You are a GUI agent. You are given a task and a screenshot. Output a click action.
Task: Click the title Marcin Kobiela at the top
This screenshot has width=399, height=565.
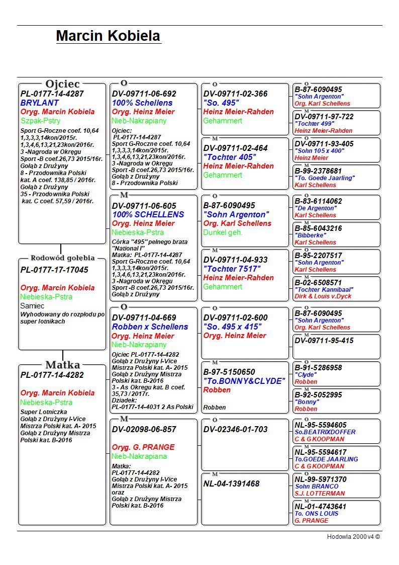(108, 36)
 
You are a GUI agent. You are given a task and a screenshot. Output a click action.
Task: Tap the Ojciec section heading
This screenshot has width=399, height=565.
(62, 84)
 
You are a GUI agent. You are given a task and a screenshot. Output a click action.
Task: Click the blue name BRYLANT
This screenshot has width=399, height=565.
(40, 103)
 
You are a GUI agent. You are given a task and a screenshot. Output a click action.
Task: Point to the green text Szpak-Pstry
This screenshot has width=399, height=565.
(41, 121)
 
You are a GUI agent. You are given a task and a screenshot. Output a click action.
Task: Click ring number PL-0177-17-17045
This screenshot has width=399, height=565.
(54, 270)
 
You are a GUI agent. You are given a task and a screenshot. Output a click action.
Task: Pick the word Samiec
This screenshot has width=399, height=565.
(32, 306)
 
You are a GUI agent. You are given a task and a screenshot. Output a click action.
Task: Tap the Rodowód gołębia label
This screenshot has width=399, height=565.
(62, 258)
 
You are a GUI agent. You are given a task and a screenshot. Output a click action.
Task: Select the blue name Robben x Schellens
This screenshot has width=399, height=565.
(150, 327)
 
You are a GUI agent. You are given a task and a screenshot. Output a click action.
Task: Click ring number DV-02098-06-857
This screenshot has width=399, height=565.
(144, 430)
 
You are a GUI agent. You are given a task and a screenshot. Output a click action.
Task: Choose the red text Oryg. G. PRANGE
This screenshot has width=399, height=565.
(143, 447)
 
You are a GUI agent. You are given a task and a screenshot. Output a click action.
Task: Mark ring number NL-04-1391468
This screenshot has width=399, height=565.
(231, 484)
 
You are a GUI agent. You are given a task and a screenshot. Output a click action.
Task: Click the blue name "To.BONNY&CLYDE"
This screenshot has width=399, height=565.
(244, 381)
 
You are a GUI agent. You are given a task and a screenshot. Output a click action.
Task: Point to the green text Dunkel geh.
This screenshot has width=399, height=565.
(223, 232)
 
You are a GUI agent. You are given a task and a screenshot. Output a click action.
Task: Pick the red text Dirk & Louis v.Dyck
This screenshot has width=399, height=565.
(323, 297)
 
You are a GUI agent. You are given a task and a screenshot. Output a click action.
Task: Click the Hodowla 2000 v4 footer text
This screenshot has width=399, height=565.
(353, 537)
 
